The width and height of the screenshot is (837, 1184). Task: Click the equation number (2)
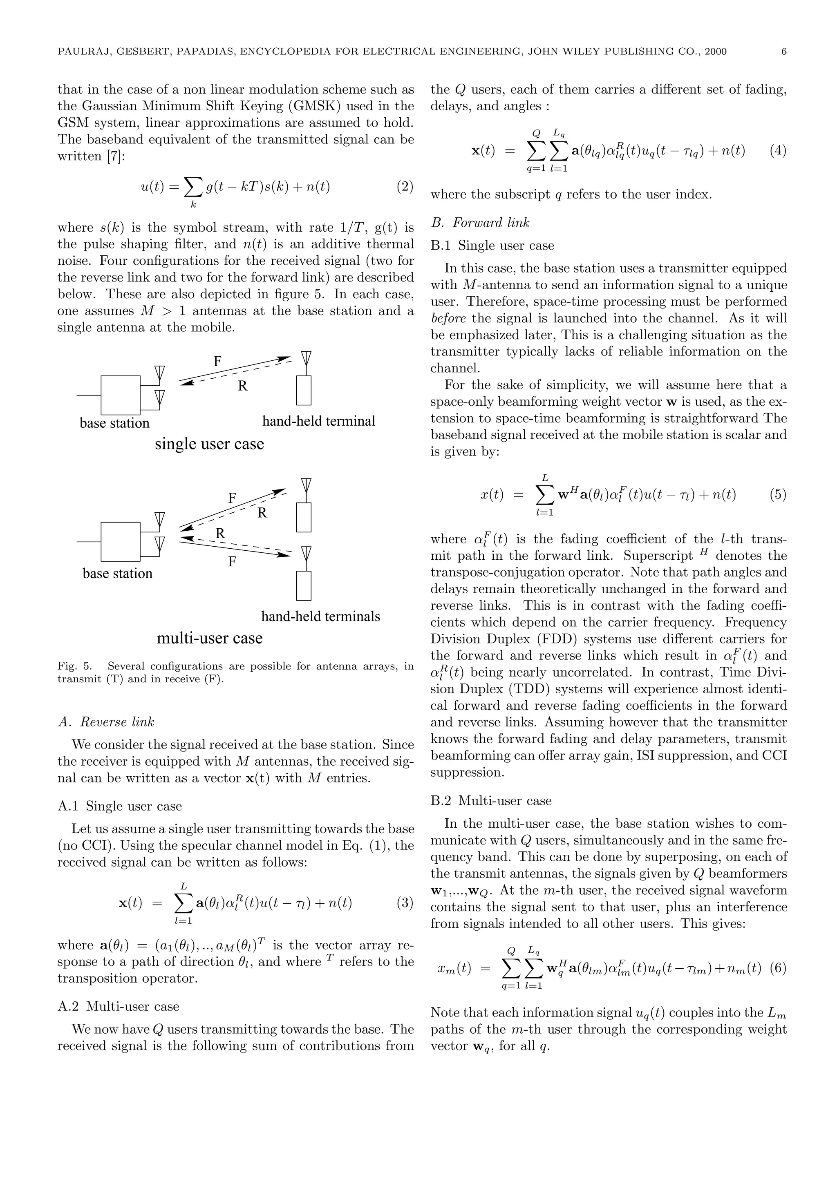(x=405, y=186)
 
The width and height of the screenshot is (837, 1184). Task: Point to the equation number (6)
(x=778, y=968)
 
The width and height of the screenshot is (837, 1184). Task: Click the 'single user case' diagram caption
(x=209, y=444)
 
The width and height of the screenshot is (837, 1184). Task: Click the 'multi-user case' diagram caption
(x=209, y=639)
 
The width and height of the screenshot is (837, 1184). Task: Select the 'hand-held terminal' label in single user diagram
(x=319, y=421)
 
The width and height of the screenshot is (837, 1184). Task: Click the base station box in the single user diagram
(x=120, y=395)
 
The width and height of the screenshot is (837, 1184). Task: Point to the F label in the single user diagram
(x=218, y=362)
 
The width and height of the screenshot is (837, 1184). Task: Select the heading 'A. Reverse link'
(x=106, y=722)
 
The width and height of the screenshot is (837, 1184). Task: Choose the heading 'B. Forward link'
(x=480, y=223)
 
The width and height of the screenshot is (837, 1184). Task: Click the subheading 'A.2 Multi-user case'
(x=118, y=1006)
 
